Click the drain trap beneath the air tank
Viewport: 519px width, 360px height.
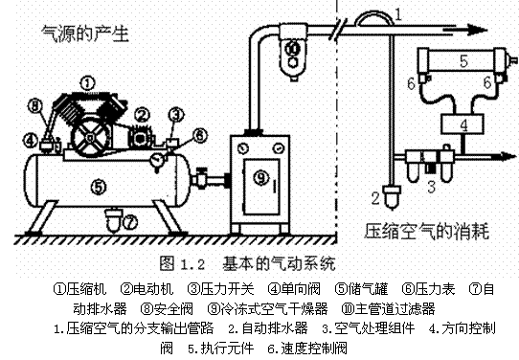tap(112, 220)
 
